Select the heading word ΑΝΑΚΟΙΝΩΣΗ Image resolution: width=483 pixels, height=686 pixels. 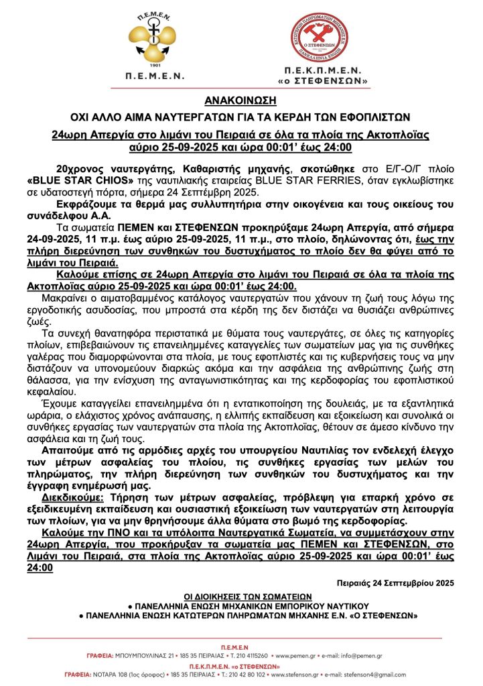(x=240, y=99)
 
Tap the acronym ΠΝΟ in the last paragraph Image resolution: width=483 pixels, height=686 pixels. (x=118, y=533)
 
